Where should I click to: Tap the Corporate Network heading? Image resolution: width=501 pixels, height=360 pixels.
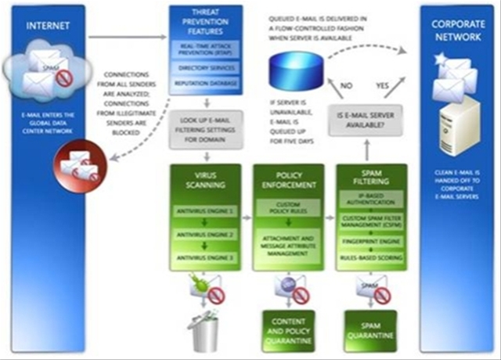pos(459,31)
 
